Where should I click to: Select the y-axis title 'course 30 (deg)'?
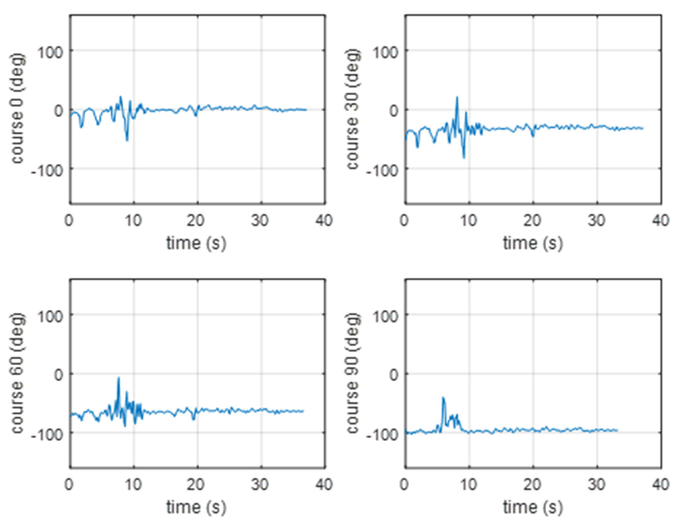click(353, 109)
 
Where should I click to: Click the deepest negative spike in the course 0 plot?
click(127, 140)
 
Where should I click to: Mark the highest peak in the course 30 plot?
click(457, 97)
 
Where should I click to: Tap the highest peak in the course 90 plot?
click(443, 398)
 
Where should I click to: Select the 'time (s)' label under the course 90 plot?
click(533, 507)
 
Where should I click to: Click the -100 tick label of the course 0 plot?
click(47, 170)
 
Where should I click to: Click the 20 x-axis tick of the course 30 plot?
click(533, 220)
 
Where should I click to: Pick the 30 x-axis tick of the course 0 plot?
click(260, 220)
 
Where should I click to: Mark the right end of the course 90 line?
click(617, 430)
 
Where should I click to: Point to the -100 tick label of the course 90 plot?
click(382, 435)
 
